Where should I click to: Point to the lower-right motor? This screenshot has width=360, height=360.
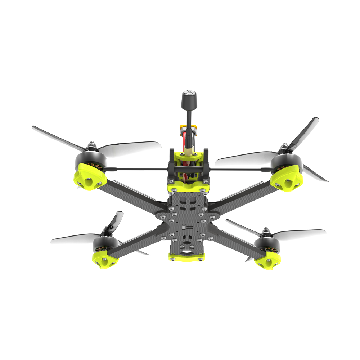[x=267, y=243]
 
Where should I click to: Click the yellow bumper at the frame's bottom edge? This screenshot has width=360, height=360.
[x=186, y=257]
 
